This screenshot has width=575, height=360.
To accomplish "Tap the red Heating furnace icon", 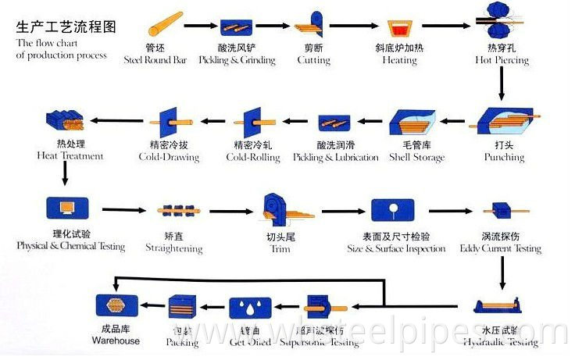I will point(399,27).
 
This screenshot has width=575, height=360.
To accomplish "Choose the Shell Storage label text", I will point(416,158).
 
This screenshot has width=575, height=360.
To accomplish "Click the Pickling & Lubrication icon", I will point(335,123).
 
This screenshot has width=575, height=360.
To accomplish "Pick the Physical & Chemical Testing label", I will point(71,247).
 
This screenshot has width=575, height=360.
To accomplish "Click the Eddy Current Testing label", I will point(501,248).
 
